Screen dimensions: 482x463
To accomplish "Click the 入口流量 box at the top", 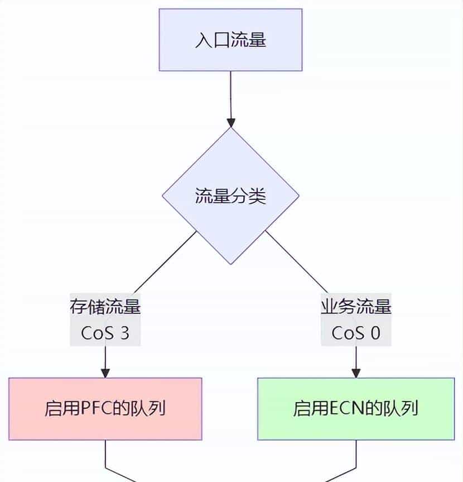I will [230, 40].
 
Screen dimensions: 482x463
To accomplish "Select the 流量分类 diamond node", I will [230, 196].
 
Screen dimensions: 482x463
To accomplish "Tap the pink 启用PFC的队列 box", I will [105, 409].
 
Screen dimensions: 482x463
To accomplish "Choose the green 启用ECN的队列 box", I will [356, 409].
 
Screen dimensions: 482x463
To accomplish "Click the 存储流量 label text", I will [105, 307].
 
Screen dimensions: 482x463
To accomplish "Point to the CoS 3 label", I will [105, 333].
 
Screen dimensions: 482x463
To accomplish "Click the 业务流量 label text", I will [356, 307].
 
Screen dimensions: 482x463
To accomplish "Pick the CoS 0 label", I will [356, 333].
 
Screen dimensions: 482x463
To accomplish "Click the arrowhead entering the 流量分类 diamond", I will [230, 122].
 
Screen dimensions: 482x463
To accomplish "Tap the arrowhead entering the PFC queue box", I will [105, 373].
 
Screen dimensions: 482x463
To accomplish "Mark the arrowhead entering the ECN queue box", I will [356, 373].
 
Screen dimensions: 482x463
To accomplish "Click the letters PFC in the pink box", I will [95, 409].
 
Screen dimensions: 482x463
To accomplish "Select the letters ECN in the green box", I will [346, 409].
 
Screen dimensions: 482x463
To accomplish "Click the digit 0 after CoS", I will [375, 333].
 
